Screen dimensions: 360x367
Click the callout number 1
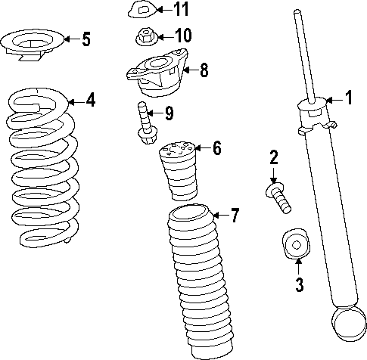pos(349,97)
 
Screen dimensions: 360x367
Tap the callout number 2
pos(274,157)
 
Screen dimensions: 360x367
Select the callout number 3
pos(299,285)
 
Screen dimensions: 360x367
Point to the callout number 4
pos(90,99)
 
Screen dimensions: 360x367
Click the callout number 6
pos(216,147)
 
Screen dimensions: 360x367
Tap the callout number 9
pos(168,114)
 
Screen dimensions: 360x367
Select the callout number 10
pos(182,36)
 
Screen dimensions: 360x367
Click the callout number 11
pos(181,10)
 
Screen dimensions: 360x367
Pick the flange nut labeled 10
pos(144,36)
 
